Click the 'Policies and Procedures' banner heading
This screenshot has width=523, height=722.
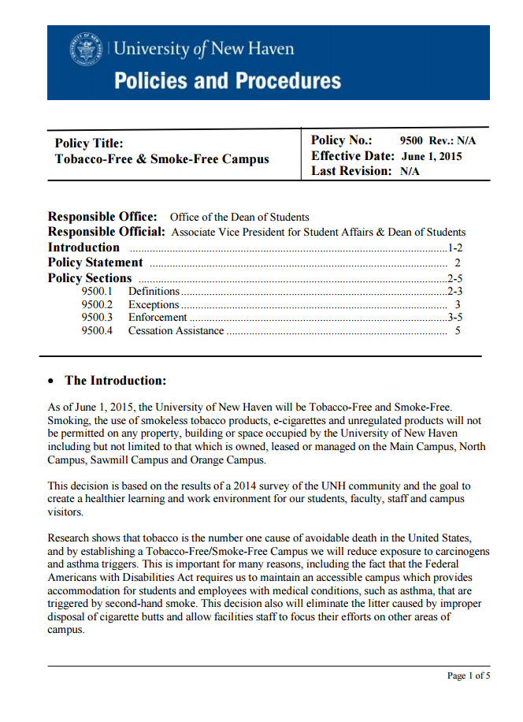(x=228, y=80)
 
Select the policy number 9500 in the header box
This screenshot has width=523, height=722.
(x=412, y=141)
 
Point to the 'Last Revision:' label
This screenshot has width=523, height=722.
(x=351, y=171)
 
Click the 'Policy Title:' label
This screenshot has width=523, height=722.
(x=89, y=143)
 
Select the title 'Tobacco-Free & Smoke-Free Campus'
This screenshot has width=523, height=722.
(x=161, y=158)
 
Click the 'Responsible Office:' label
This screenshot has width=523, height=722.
(x=102, y=217)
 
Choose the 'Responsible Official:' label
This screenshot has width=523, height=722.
(x=106, y=232)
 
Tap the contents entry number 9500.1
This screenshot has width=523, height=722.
(x=97, y=292)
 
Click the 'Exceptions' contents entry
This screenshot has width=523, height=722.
(x=154, y=304)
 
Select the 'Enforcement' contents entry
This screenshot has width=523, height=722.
(x=158, y=318)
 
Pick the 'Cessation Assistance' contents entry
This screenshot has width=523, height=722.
(x=176, y=331)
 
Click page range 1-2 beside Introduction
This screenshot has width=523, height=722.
(x=454, y=247)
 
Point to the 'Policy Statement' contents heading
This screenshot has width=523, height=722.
(x=95, y=262)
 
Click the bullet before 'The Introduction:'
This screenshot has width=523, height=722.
(x=52, y=381)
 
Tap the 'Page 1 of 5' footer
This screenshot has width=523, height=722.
(x=469, y=675)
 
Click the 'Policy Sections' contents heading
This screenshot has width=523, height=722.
(x=90, y=278)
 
